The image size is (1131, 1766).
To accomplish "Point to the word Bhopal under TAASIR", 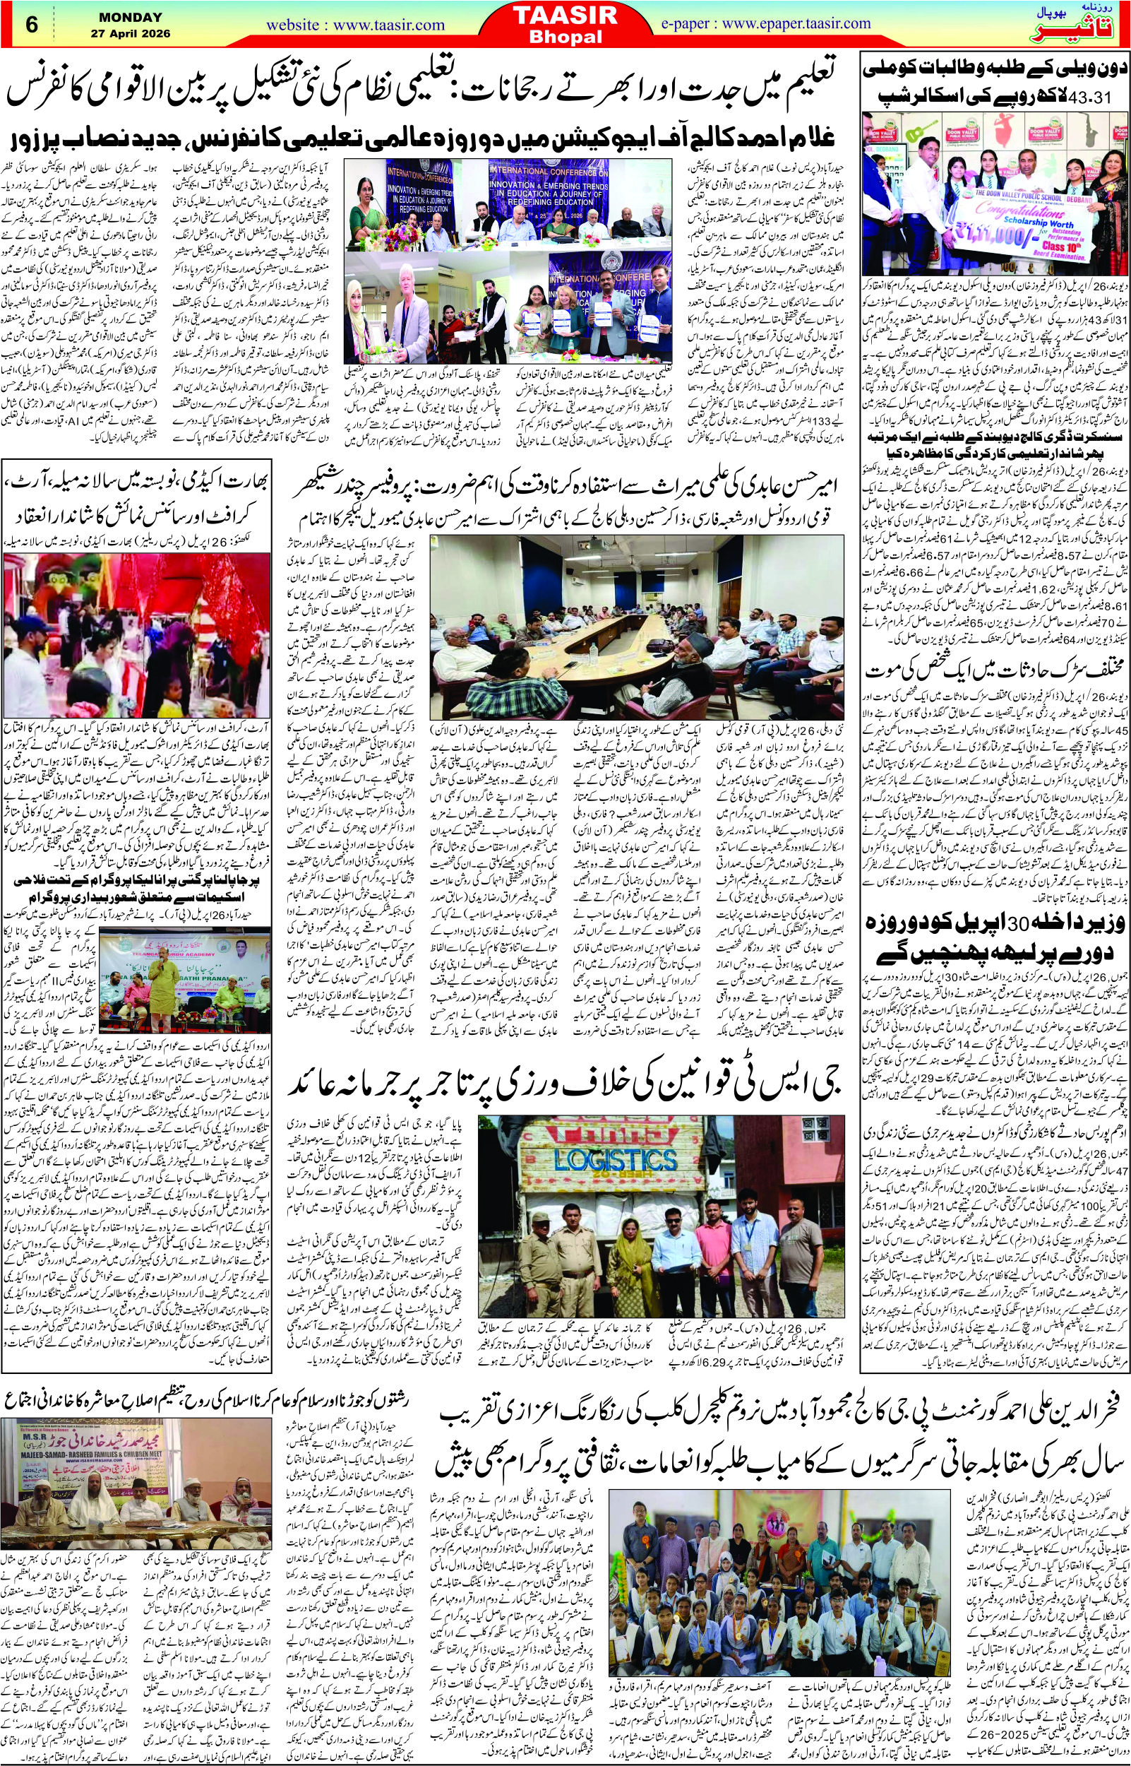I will pos(565,35).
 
